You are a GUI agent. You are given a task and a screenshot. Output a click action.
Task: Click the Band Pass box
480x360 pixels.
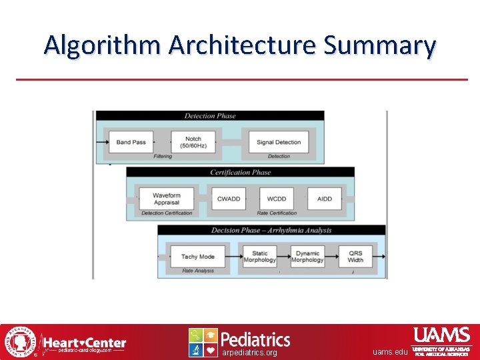tap(131, 142)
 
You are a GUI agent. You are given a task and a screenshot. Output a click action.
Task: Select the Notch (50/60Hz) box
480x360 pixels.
tap(193, 142)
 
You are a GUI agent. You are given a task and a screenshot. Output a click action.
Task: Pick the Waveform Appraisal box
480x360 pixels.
tap(167, 199)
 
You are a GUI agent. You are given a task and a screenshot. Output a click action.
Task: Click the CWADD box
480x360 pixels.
tap(229, 199)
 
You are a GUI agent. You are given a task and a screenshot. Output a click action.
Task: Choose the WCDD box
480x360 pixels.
tap(276, 199)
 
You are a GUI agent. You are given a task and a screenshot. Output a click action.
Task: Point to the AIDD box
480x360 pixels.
tap(325, 199)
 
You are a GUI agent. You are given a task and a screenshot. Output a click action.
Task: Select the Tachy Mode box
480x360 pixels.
tap(198, 257)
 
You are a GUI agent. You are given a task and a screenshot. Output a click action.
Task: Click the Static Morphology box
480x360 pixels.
tap(259, 257)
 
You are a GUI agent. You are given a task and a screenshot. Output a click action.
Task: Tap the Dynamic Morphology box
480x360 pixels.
tap(307, 257)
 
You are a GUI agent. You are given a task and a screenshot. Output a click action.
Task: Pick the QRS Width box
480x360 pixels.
tap(355, 257)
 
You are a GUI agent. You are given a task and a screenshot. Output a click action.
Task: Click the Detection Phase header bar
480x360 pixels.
tap(210, 116)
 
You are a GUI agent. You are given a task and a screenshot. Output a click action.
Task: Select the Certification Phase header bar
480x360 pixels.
tap(240, 173)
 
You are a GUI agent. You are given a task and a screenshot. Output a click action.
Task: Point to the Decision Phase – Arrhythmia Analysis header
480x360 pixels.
tap(271, 231)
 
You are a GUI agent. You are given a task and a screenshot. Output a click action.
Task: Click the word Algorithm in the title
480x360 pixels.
tap(103, 45)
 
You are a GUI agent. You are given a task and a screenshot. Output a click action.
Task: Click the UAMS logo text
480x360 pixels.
tap(441, 335)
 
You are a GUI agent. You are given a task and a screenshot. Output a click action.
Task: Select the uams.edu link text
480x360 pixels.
tap(390, 352)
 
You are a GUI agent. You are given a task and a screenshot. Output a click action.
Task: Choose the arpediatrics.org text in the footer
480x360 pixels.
tap(249, 353)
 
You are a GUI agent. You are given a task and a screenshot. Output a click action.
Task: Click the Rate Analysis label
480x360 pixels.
tap(197, 271)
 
